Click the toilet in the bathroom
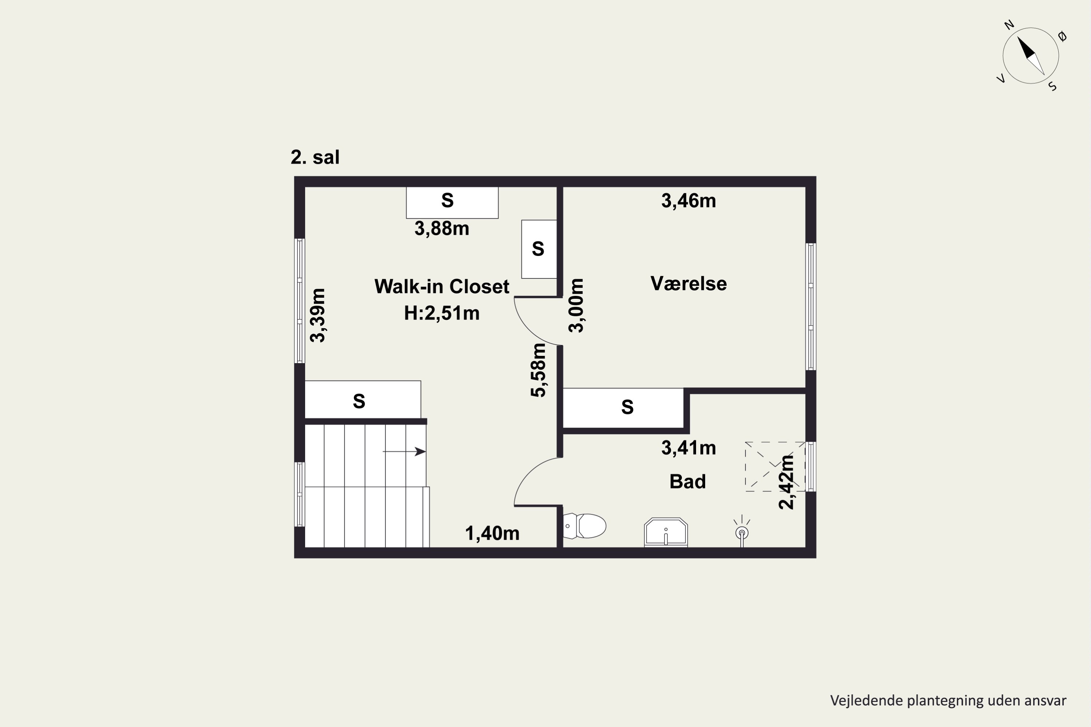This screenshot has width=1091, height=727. (x=584, y=526)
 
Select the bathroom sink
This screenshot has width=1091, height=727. (x=666, y=532)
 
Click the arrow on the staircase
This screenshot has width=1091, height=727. (x=404, y=451)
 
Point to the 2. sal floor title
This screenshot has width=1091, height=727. (x=315, y=157)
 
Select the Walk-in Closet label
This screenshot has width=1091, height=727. (x=441, y=286)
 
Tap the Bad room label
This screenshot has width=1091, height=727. (x=687, y=481)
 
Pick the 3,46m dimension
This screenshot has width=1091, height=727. (x=688, y=201)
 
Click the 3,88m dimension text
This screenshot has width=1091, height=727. (x=441, y=229)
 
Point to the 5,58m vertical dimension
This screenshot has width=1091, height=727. (x=539, y=370)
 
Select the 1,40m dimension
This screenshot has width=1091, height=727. (x=492, y=533)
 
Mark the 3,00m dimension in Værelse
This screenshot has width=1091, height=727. (x=576, y=306)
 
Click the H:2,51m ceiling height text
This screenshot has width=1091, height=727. (x=441, y=313)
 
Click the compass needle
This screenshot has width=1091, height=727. (x=1031, y=56)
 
